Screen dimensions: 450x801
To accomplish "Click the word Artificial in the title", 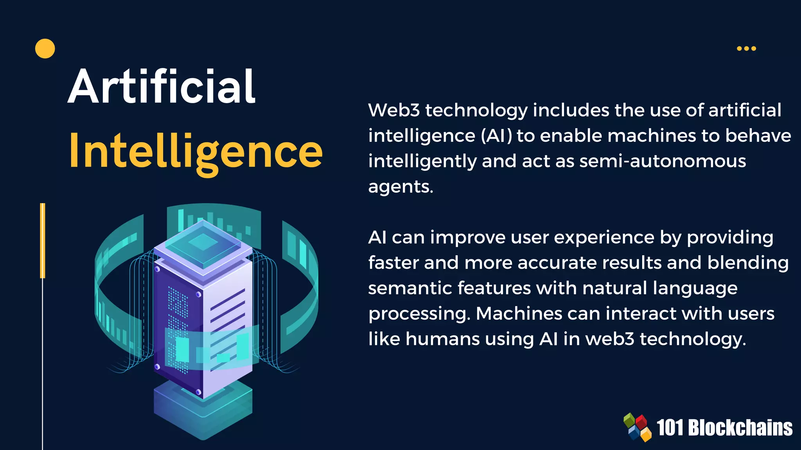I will pos(162,87).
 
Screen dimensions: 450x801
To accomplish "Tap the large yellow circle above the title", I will pos(45,49).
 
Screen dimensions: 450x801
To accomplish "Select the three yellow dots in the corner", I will pos(746,48).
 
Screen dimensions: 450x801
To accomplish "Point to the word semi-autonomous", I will pos(663,161).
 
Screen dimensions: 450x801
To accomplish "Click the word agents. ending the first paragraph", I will pos(401,187).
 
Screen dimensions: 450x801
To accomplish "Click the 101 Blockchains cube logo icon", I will pos(637,427).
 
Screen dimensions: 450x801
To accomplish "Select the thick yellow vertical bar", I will pos(43,240).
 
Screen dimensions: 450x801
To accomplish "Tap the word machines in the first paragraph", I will pos(652,136).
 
